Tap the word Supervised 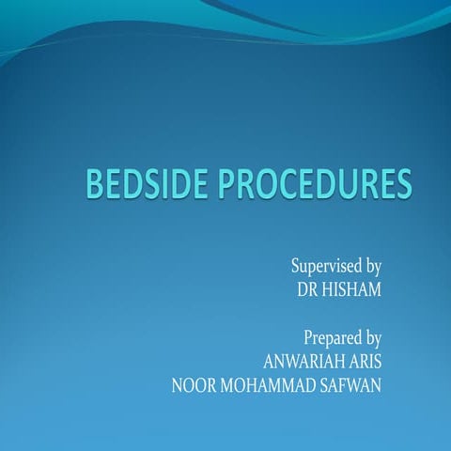(x=324, y=266)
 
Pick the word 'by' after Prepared (x=370, y=337)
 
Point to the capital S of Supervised (x=296, y=266)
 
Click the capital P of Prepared (x=307, y=335)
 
